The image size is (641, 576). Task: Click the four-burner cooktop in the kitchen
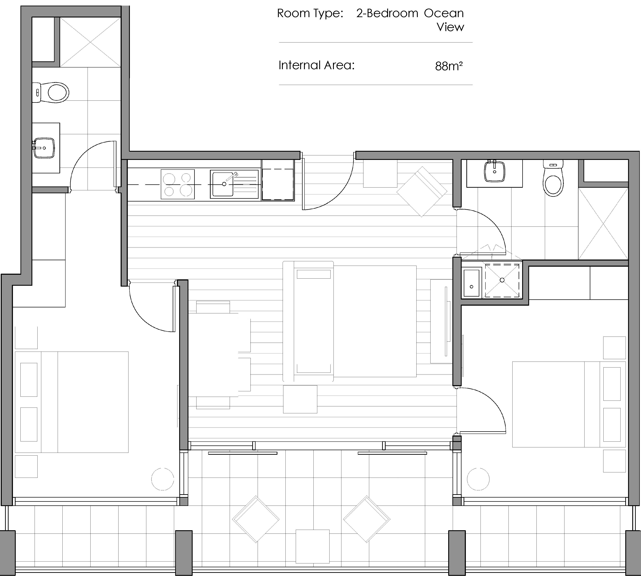178,184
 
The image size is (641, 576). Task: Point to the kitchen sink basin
223,184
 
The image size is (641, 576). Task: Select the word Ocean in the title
444,13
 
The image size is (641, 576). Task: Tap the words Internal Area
316,65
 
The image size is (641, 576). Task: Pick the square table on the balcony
312,547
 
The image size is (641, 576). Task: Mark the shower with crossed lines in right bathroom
603,224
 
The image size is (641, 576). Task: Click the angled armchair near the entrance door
422,192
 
